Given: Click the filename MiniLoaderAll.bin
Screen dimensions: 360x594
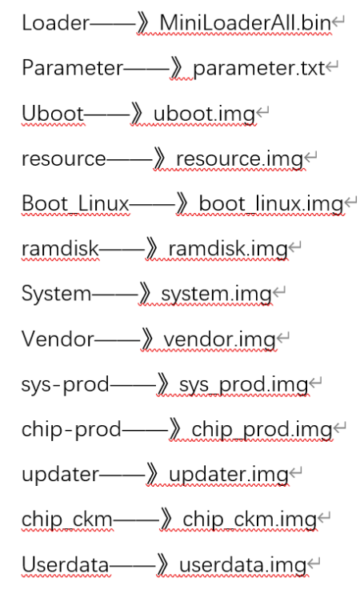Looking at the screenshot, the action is click(x=246, y=22).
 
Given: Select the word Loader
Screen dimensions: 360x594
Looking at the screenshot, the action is click(x=56, y=22).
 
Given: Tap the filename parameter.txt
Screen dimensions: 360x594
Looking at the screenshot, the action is click(x=259, y=68).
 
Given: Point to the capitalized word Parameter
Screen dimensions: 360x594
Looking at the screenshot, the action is click(x=72, y=68).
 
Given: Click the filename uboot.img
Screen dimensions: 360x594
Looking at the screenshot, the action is click(x=204, y=114).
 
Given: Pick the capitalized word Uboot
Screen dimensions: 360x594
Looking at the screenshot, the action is click(x=53, y=113).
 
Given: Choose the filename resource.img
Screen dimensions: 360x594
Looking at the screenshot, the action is click(x=239, y=159).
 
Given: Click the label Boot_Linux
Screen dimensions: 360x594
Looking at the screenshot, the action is click(x=76, y=204).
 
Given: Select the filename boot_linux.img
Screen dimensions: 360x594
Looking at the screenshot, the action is click(x=271, y=204).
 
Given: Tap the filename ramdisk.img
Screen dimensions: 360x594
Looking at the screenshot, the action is click(x=228, y=249).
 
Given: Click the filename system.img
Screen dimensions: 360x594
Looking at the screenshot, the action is click(x=217, y=295).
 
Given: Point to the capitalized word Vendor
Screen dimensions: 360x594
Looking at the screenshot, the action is click(x=58, y=339).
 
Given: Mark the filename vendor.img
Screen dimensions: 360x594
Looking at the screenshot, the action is click(x=219, y=339).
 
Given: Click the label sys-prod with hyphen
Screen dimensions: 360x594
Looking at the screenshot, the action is click(x=65, y=385).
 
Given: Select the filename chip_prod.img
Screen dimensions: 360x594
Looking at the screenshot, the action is click(x=262, y=430).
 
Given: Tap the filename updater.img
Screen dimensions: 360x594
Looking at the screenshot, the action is click(x=229, y=475).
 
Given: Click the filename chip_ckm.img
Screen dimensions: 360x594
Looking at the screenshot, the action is click(x=250, y=520).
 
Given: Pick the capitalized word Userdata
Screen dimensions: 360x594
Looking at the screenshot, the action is click(x=65, y=565).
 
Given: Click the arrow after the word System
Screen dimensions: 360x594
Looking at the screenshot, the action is click(x=121, y=294).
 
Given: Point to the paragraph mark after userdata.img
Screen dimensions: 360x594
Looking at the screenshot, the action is click(x=314, y=564).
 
